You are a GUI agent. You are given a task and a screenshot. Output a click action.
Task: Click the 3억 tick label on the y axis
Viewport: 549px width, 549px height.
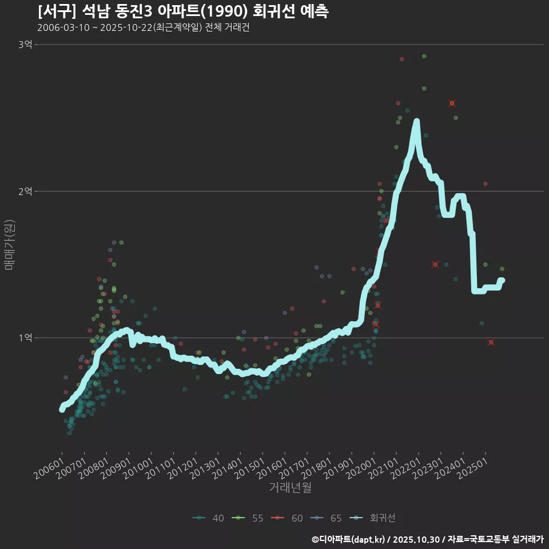[x=25, y=45]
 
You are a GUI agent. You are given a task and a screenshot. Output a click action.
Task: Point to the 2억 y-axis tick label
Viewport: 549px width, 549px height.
[x=25, y=191]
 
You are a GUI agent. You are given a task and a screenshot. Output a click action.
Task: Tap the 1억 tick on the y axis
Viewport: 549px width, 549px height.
[x=25, y=338]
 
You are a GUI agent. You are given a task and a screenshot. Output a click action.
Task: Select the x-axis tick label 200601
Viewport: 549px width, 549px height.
[x=49, y=470]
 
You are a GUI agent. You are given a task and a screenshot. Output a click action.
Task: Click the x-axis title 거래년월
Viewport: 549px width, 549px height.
[x=290, y=488]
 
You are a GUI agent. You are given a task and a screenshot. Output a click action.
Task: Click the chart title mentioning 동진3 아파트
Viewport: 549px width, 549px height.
[x=183, y=11]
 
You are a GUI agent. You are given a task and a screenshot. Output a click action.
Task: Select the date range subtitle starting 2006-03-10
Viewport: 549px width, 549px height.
[x=143, y=27]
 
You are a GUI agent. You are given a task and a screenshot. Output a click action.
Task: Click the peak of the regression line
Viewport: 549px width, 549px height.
[x=417, y=121]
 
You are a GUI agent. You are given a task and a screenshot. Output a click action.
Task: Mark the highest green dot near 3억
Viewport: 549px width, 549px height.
[x=424, y=56]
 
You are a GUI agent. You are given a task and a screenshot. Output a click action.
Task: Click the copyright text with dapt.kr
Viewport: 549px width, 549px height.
[x=428, y=539]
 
